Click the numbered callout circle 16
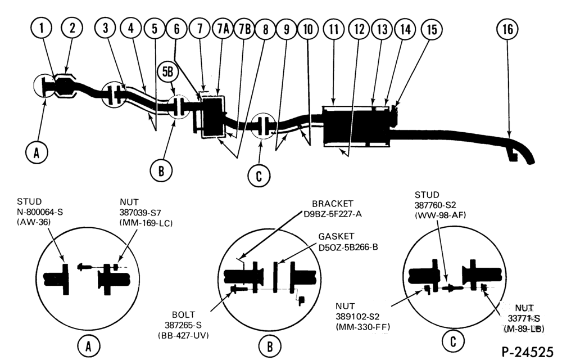click(507, 29)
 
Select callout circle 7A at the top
click(223, 29)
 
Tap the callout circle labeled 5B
click(167, 72)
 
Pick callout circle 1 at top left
click(42, 28)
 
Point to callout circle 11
click(334, 29)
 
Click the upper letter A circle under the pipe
click(37, 152)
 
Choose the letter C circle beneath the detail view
click(453, 341)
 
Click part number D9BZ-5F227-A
click(333, 214)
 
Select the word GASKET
click(336, 236)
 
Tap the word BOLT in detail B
click(184, 314)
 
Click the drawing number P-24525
click(527, 351)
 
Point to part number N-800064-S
click(40, 212)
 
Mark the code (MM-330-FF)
click(362, 327)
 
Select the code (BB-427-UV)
click(183, 335)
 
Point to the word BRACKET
click(333, 204)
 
